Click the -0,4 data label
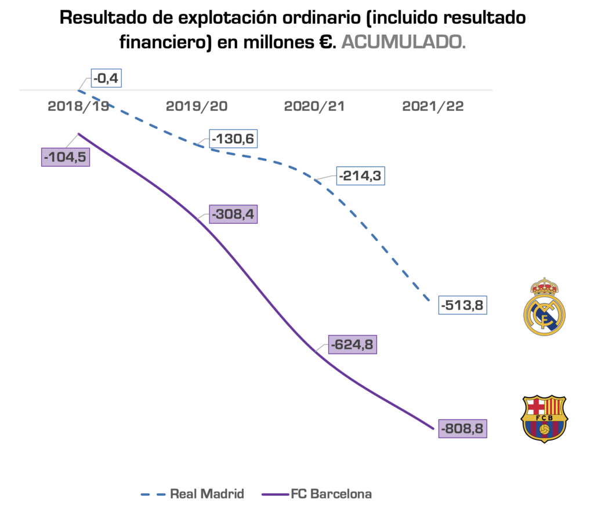pos(106,78)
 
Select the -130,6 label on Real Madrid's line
pos(234,139)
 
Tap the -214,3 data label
pos(360,175)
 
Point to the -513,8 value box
pos(462,305)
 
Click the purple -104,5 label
pos(66,157)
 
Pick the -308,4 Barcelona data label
pos(234,214)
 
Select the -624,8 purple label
pos(352,344)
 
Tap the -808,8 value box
pos(463,429)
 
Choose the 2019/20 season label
pos(197,107)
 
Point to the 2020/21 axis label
pos(314,107)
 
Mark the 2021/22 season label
pos(432,107)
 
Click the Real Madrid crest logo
pos(544,307)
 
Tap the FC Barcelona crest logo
pos(544,418)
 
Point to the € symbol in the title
pos(325,42)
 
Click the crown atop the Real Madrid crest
pos(544,286)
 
